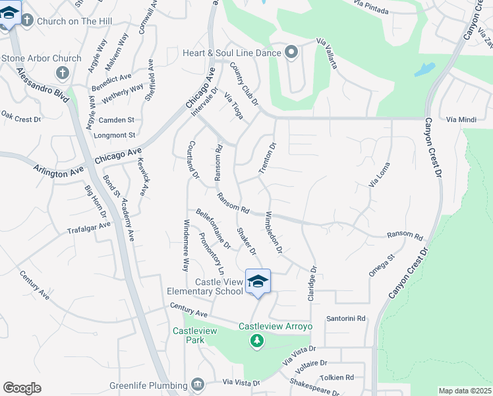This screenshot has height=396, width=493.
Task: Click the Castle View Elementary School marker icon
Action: pyautogui.click(x=258, y=281)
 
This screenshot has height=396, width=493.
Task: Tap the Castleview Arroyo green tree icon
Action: pyautogui.click(x=257, y=341)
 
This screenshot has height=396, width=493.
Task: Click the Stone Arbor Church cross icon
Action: pyautogui.click(x=62, y=72)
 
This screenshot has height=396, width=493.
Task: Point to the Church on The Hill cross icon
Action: pyautogui.click(x=27, y=20)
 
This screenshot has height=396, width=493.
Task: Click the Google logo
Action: pyautogui.click(x=22, y=388)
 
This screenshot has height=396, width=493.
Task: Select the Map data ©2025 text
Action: pyautogui.click(x=465, y=391)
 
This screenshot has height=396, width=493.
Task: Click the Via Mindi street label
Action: pyautogui.click(x=461, y=119)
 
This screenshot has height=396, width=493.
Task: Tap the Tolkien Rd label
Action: pyautogui.click(x=338, y=378)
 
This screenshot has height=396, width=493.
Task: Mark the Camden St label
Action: pyautogui.click(x=116, y=120)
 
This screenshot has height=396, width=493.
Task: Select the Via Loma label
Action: pyautogui.click(x=379, y=175)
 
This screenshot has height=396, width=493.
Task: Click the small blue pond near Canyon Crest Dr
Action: pyautogui.click(x=426, y=69)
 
